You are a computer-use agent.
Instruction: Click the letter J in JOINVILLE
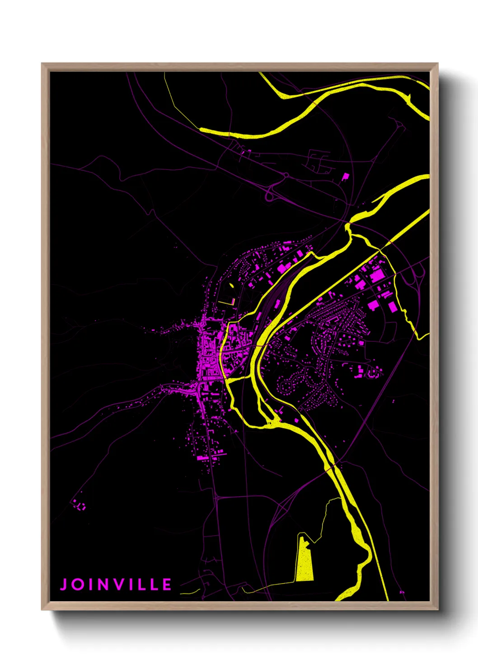pos(64,584)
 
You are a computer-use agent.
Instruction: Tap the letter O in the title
pos(80,584)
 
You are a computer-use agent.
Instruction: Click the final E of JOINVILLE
pos(167,584)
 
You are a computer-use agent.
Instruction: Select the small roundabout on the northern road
pos(286,175)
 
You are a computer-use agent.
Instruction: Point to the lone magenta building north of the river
pos(346,176)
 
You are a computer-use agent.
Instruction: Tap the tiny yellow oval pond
pos(232,286)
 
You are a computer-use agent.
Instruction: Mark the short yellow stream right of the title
pos(191,591)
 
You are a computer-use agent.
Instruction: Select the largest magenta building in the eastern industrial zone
pos(376,276)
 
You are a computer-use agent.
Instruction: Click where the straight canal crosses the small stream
pos(381,248)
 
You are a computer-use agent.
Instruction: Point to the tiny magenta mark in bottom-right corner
pos(402,592)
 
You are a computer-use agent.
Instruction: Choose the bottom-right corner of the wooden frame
pos(437,609)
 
